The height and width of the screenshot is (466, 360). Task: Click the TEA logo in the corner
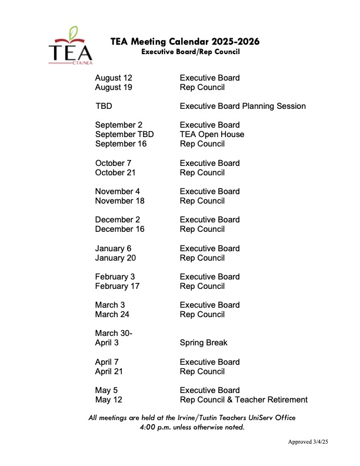click(x=70, y=46)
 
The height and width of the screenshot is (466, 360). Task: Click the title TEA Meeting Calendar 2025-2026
click(x=185, y=42)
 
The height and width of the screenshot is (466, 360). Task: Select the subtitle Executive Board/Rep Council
click(x=191, y=52)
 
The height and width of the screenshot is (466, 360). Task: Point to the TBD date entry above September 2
click(x=104, y=106)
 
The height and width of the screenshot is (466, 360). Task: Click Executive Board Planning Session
click(x=242, y=106)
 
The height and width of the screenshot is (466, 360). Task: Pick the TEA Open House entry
click(x=212, y=134)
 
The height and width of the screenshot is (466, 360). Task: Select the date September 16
click(x=121, y=144)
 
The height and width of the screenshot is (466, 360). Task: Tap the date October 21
click(x=118, y=172)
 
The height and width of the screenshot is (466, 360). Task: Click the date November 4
click(x=118, y=191)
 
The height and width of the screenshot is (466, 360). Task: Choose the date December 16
click(x=119, y=229)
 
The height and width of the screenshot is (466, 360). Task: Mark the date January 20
click(x=116, y=258)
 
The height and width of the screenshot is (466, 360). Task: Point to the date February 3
click(x=115, y=277)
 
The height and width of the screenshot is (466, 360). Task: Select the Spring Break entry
click(x=204, y=342)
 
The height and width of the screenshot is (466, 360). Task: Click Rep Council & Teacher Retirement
click(x=244, y=400)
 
